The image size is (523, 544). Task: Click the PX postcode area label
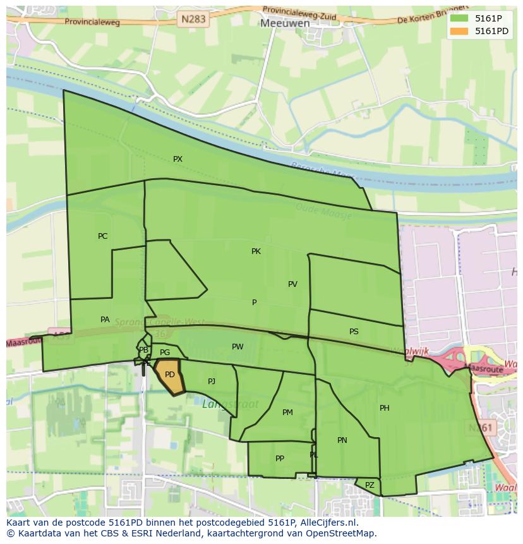[x=177, y=159]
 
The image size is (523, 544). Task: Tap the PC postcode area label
[x=102, y=236]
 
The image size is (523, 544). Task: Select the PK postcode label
[x=256, y=251]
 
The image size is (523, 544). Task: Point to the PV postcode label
[x=292, y=284]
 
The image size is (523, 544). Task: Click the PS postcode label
[x=354, y=332]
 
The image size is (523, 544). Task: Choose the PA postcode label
[x=105, y=320]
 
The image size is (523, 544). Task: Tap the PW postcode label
[x=237, y=347]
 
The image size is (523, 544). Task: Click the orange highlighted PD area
[x=169, y=375]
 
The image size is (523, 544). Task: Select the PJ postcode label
[x=212, y=382]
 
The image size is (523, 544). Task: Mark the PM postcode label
[x=287, y=413]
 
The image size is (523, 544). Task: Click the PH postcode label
[x=384, y=408]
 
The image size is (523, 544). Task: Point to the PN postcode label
[x=342, y=440]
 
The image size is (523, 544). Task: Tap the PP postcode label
[x=280, y=459]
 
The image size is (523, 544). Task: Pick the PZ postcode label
[x=370, y=485]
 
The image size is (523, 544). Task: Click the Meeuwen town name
[x=285, y=23]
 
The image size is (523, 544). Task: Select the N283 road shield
[x=193, y=19]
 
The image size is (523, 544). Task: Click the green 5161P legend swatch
[x=459, y=18]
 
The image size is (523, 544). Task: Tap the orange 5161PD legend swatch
[x=459, y=31]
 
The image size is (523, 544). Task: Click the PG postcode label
[x=165, y=353]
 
